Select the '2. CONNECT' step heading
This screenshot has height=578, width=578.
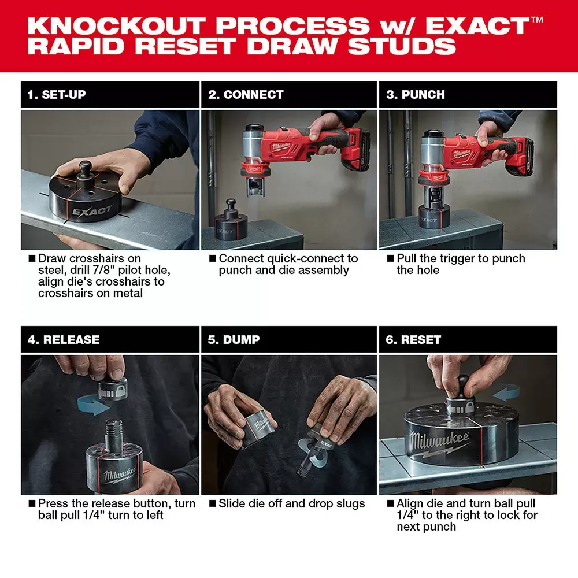(246, 95)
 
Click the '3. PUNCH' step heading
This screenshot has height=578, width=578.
(416, 95)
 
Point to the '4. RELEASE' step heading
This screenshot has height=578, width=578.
(64, 340)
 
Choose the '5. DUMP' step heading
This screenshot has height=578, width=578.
(234, 340)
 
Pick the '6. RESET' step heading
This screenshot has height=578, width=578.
(413, 340)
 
